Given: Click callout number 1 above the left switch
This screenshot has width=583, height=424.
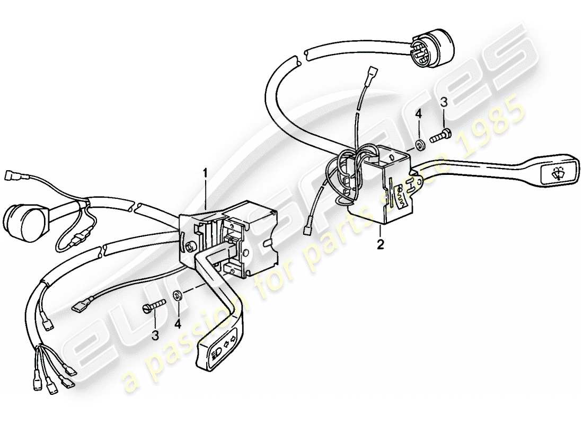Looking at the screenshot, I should coord(206,173).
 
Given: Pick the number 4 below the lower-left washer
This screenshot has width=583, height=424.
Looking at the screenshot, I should coord(178,323).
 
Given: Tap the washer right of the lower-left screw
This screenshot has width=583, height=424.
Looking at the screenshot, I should coord(178,296).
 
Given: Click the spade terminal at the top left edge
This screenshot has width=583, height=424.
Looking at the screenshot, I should coord(11,174).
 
